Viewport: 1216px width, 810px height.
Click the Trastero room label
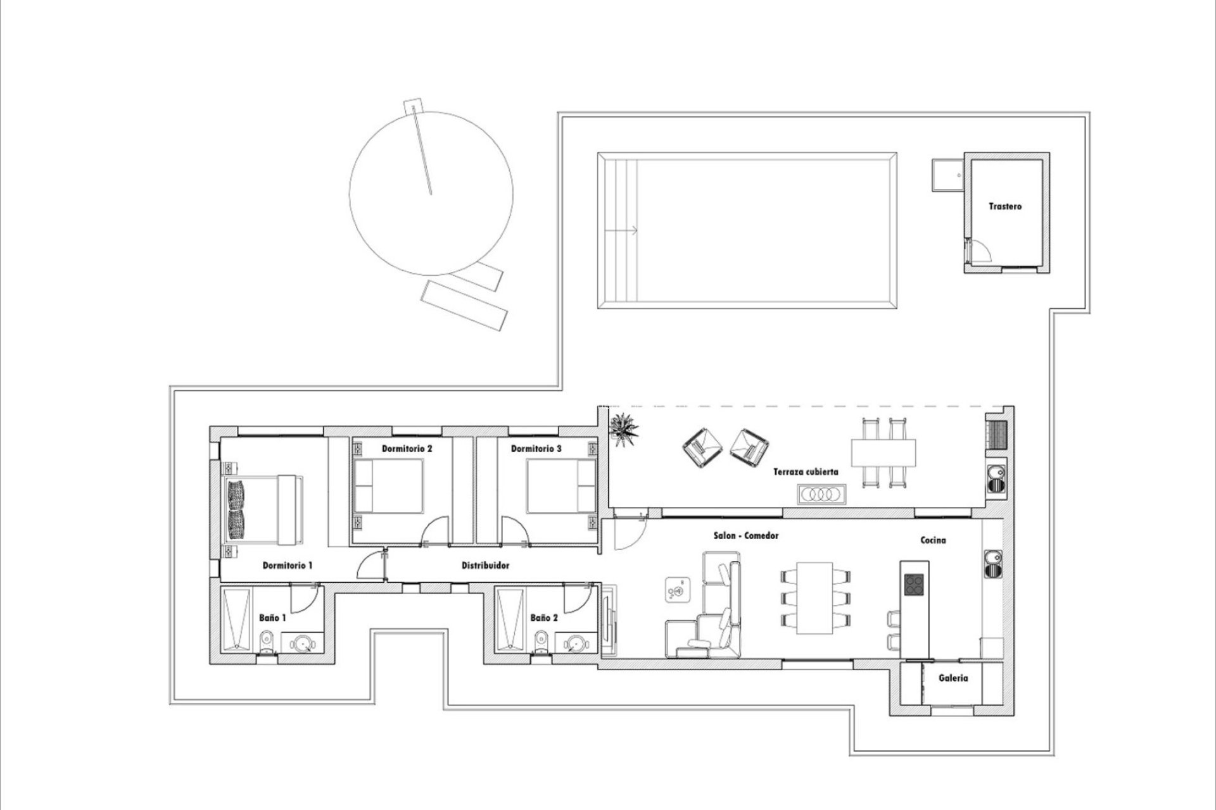(x=1005, y=206)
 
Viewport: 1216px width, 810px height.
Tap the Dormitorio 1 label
(x=288, y=565)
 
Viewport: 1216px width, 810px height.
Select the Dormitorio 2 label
(x=407, y=449)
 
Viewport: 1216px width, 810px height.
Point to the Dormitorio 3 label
(x=536, y=449)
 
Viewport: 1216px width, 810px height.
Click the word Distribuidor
(x=485, y=565)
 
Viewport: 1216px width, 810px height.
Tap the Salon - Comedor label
(x=746, y=535)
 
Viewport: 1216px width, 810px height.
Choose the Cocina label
(x=933, y=540)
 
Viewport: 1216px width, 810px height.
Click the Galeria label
(x=953, y=678)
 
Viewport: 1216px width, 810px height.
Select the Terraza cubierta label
(x=806, y=471)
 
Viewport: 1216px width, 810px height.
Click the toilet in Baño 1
(x=267, y=641)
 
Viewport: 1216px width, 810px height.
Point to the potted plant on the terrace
(x=624, y=430)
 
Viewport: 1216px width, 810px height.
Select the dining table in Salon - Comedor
(x=814, y=597)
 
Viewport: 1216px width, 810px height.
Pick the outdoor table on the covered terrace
(x=883, y=452)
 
